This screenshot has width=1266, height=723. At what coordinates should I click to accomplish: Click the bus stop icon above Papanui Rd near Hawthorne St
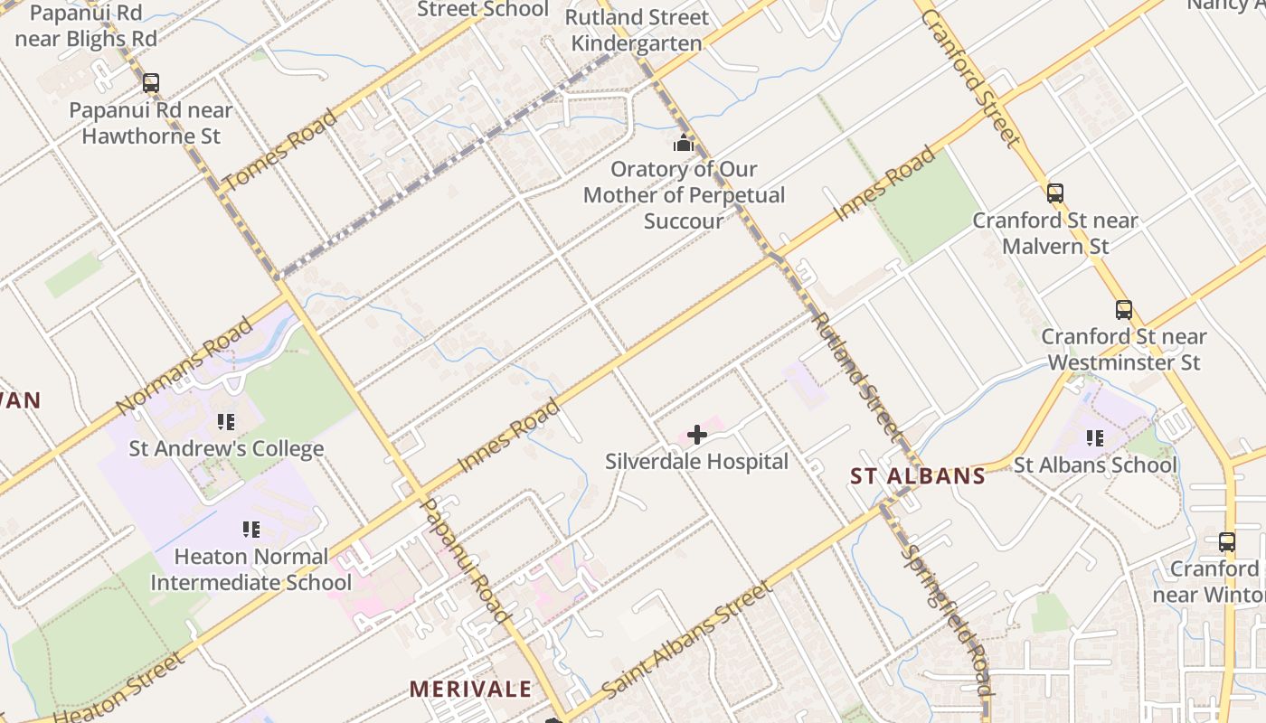(151, 83)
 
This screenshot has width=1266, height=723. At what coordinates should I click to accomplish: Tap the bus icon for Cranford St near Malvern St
(1055, 192)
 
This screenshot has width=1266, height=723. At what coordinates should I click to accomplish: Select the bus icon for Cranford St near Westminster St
(1123, 310)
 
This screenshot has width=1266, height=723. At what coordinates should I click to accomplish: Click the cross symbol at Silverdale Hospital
(696, 436)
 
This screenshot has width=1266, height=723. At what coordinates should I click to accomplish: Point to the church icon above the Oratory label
(683, 143)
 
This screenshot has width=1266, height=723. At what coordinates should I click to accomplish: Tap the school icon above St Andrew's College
(226, 422)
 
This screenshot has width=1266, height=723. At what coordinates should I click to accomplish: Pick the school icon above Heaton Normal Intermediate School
(250, 530)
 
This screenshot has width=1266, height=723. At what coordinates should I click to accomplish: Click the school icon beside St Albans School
(1095, 438)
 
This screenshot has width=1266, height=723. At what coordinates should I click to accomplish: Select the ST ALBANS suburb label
(918, 476)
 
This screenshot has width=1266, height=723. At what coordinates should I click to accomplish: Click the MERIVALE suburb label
(470, 689)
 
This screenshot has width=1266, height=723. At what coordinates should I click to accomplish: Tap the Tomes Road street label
(280, 149)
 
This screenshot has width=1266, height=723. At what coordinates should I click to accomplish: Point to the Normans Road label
(184, 365)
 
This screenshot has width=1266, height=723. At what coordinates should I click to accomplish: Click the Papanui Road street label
(466, 560)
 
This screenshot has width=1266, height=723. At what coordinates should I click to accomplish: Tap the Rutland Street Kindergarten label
(637, 30)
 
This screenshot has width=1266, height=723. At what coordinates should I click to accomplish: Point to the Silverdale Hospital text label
(696, 462)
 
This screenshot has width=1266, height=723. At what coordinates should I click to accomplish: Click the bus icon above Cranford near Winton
(1227, 542)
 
